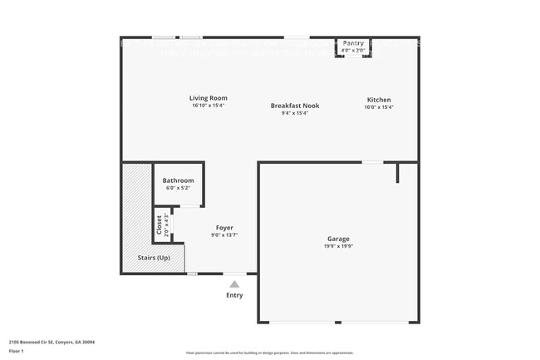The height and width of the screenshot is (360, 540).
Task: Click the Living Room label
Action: point(209,98)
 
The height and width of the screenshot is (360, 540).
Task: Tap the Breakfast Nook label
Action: point(295,106)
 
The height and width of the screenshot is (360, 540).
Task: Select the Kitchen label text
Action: point(379,100)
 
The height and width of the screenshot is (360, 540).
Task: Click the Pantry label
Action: point(353,43)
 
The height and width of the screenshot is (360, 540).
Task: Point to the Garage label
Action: point(338,239)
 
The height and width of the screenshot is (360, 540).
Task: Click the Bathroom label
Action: point(178,180)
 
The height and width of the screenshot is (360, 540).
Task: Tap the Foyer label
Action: point(224,228)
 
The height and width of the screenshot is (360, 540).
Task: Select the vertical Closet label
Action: point(159,225)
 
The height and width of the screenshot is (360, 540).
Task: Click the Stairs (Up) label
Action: point(154,258)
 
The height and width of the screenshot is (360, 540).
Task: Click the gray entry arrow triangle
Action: point(234,284)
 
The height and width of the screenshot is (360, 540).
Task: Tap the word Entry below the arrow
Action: point(234,295)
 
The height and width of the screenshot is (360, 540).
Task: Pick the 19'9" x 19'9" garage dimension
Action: point(338,246)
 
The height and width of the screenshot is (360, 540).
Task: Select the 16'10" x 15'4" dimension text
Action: point(209,106)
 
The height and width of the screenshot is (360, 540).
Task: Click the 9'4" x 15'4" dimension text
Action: point(295,113)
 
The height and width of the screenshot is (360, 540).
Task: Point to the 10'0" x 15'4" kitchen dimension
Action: point(379,107)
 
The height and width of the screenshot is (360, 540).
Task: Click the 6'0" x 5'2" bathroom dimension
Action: point(178,188)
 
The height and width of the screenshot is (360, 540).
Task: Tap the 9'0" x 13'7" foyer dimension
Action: point(224,235)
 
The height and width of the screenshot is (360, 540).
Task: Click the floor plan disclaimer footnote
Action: point(269,353)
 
